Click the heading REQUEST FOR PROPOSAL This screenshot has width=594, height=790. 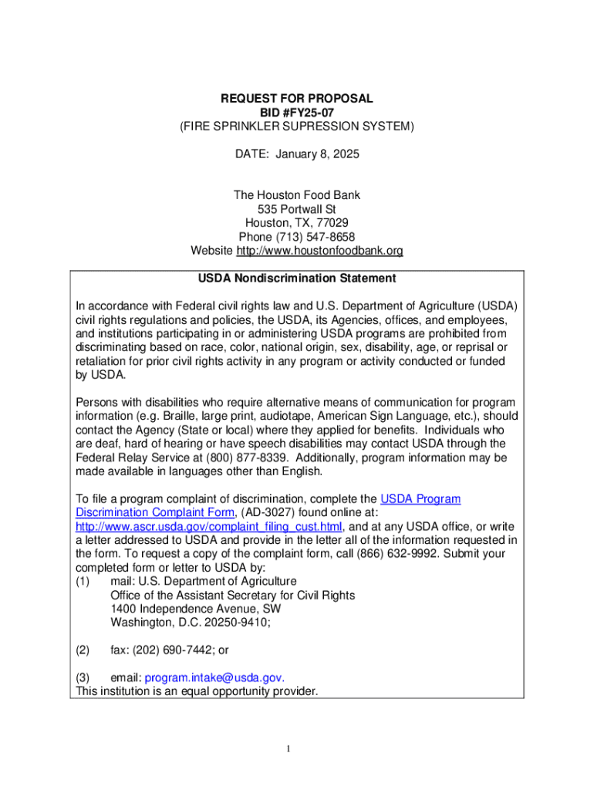tap(297, 99)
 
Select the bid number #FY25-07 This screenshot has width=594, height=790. tap(310, 113)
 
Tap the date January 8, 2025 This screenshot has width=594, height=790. tap(318, 154)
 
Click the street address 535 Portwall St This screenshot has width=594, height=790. tap(297, 209)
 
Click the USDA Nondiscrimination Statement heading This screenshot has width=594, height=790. tap(297, 278)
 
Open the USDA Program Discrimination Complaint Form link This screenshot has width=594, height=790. tap(268, 506)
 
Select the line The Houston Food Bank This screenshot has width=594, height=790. tap(297, 195)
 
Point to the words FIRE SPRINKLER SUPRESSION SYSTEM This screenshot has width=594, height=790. tap(298, 127)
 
